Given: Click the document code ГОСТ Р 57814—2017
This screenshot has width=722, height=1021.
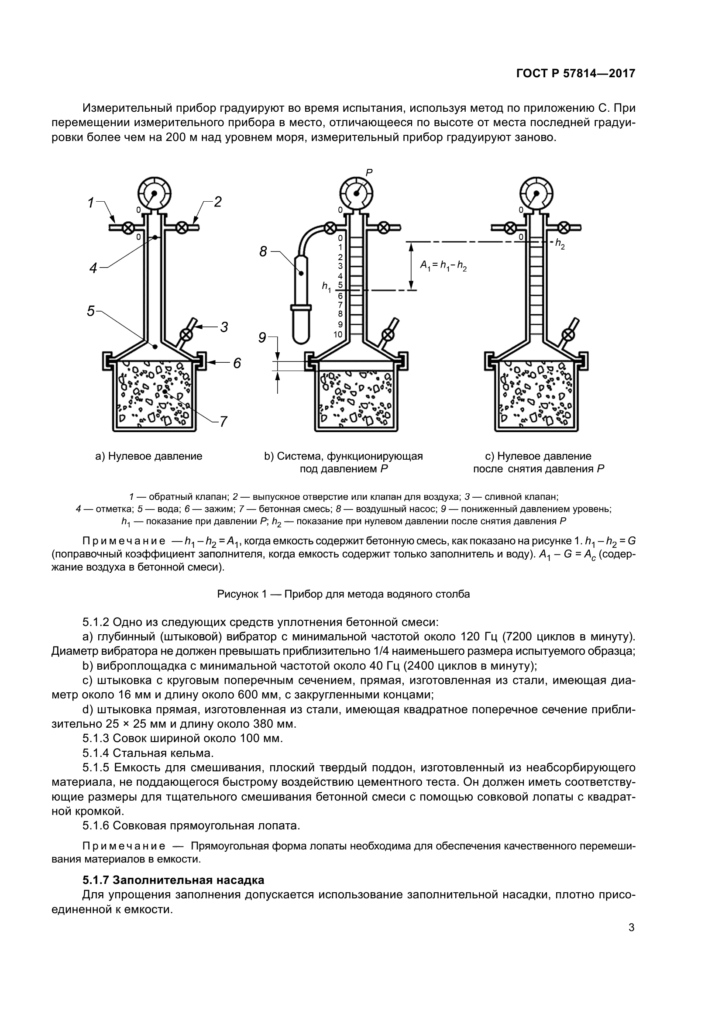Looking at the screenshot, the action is (x=575, y=73).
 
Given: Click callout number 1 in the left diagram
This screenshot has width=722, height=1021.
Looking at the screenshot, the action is (x=91, y=203).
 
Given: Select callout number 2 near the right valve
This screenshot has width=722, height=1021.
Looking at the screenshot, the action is (x=217, y=203).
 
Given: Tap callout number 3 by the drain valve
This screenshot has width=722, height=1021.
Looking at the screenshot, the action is (x=224, y=327).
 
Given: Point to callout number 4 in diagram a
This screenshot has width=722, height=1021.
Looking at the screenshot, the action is (x=93, y=268).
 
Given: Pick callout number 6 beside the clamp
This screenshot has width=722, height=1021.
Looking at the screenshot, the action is (x=237, y=364).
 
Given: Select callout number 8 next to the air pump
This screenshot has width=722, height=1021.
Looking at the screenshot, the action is (x=263, y=252).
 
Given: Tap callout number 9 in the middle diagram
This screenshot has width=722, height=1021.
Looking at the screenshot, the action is (x=262, y=338).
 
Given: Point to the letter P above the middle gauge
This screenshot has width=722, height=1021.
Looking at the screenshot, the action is (x=368, y=172).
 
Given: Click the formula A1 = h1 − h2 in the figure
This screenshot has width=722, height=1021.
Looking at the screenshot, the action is (x=443, y=266).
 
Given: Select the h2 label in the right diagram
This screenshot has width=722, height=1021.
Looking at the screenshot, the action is (x=560, y=244).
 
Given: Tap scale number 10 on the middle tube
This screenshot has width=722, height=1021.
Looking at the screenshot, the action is (x=338, y=334).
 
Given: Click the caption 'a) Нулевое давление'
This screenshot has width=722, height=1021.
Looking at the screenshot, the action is (x=149, y=456).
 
